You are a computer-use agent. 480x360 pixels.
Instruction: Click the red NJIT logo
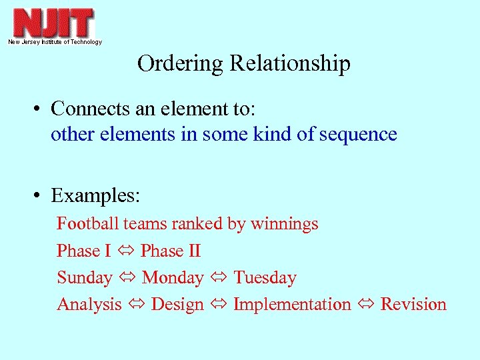pyautogui.click(x=53, y=23)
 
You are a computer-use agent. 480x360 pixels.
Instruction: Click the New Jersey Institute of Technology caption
pyautogui.click(x=55, y=42)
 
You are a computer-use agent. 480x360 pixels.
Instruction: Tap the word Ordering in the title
pyautogui.click(x=181, y=63)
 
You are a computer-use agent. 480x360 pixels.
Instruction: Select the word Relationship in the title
pyautogui.click(x=290, y=63)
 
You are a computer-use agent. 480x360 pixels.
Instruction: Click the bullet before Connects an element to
pyautogui.click(x=41, y=108)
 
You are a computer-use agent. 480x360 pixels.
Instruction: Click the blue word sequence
pyautogui.click(x=358, y=134)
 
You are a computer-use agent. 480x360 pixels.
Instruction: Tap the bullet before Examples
pyautogui.click(x=41, y=196)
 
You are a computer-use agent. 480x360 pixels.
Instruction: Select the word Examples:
pyautogui.click(x=95, y=196)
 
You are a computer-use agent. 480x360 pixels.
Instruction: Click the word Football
pyautogui.click(x=87, y=223)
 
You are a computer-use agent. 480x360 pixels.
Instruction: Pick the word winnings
pyautogui.click(x=285, y=224)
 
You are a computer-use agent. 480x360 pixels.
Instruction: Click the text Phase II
pyautogui.click(x=171, y=251)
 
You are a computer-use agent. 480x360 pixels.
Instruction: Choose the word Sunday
pyautogui.click(x=85, y=277)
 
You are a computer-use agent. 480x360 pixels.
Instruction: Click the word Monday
pyautogui.click(x=173, y=277)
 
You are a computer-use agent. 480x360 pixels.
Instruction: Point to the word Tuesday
pyautogui.click(x=265, y=277)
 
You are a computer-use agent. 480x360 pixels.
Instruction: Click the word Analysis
pyautogui.click(x=89, y=304)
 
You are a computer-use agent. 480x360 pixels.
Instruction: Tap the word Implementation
pyautogui.click(x=292, y=304)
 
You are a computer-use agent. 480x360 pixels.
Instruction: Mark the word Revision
pyautogui.click(x=413, y=304)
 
